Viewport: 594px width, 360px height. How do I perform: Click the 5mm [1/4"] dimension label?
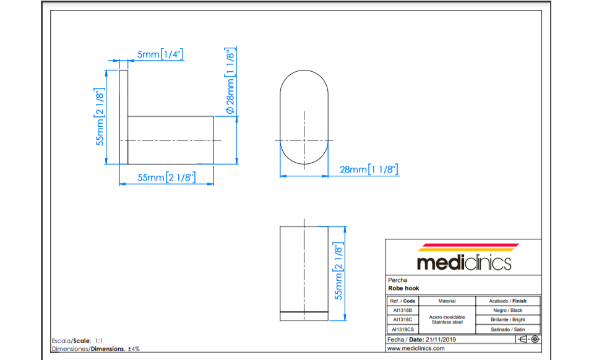(x=160, y=54)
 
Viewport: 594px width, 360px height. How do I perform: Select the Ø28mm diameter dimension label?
(x=230, y=80)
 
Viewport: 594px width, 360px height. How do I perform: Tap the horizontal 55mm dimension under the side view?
(x=166, y=177)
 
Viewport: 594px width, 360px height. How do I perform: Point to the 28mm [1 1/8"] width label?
(x=369, y=169)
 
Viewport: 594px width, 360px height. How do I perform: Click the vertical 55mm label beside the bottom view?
(x=338, y=271)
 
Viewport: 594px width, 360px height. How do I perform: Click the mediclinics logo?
(x=465, y=257)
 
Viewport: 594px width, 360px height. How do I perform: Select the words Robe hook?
(x=403, y=288)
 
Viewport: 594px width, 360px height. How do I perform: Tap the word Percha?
(x=397, y=280)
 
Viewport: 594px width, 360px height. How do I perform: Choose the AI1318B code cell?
(x=403, y=311)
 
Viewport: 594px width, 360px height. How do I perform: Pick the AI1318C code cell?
(x=403, y=320)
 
